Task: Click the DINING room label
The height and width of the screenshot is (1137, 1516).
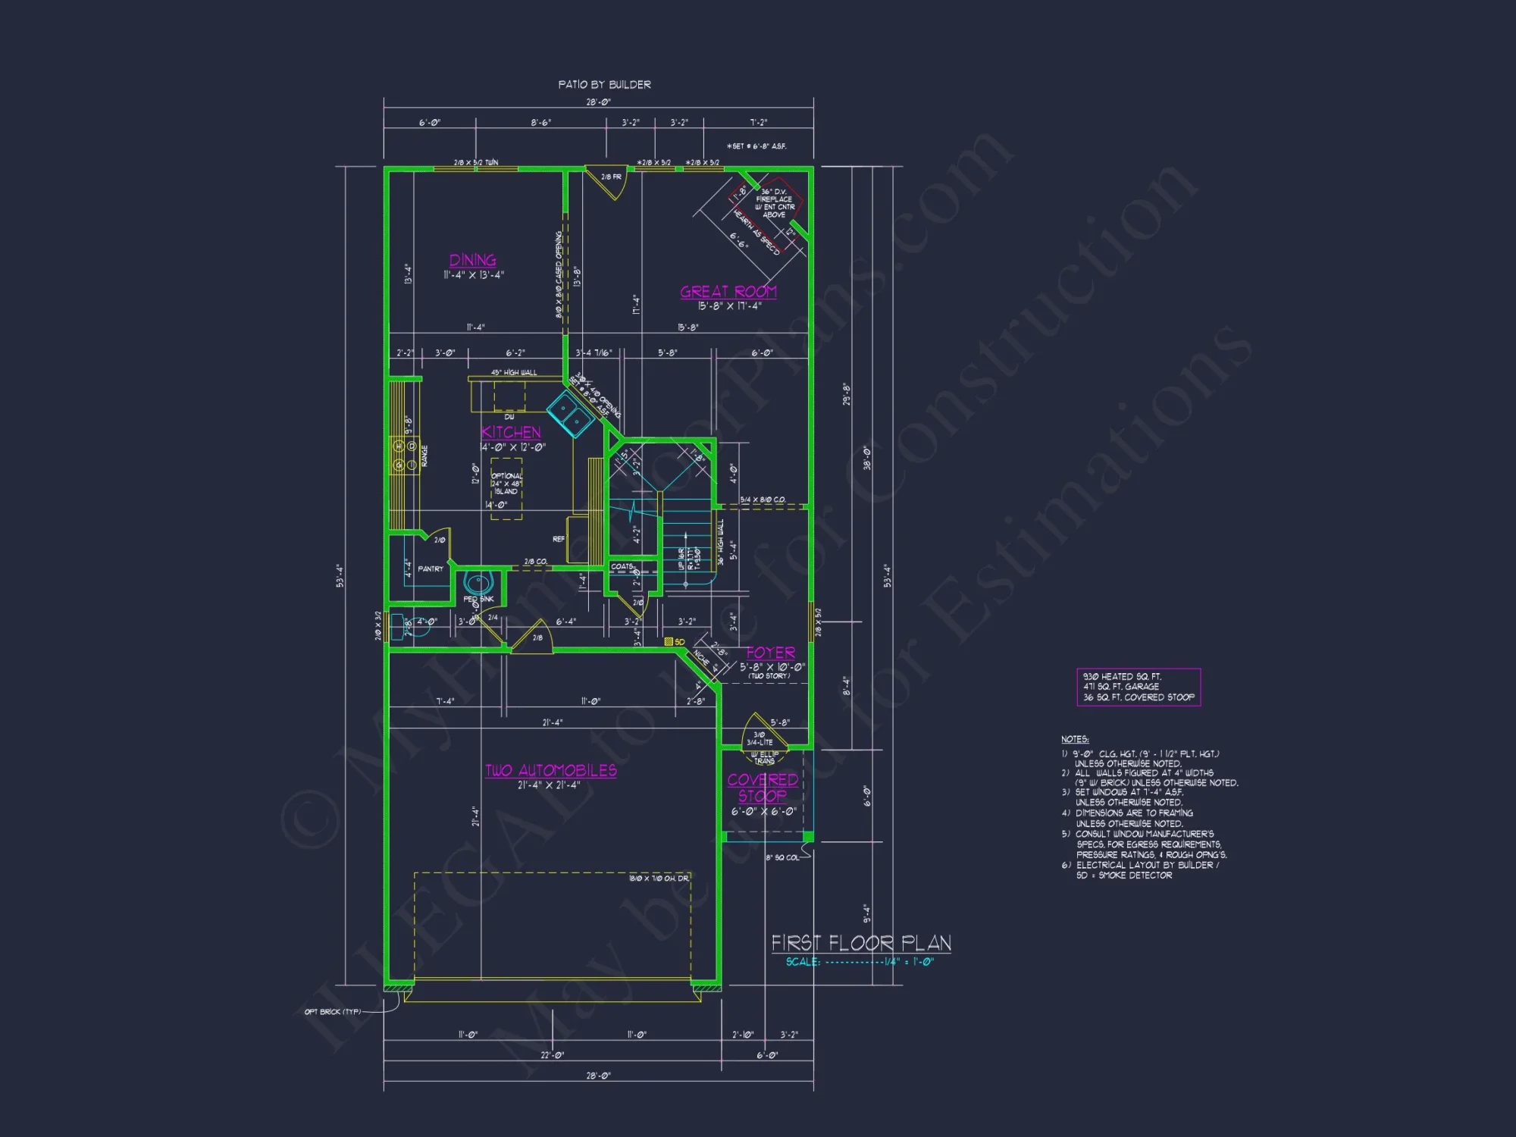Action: click(x=472, y=260)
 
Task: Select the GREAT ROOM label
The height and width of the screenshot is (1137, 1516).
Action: click(x=728, y=292)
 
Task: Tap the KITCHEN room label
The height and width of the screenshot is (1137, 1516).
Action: click(x=511, y=432)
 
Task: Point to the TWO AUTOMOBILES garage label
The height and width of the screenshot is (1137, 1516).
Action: click(x=550, y=770)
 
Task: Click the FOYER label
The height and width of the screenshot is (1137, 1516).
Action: click(x=770, y=653)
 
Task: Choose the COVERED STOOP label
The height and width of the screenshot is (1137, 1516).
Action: click(x=763, y=787)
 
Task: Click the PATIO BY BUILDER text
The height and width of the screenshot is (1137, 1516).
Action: click(x=604, y=84)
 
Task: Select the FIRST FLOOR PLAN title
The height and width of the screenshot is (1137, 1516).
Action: click(x=861, y=943)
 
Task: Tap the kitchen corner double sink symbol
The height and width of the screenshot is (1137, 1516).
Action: click(x=570, y=415)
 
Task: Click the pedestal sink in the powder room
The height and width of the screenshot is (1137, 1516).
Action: click(x=478, y=583)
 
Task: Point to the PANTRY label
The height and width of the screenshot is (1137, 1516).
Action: click(x=431, y=568)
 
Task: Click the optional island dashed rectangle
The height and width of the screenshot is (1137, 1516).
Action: click(x=506, y=489)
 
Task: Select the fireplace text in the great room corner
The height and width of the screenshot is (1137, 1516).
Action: click(x=774, y=203)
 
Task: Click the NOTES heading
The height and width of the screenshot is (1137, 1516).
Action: click(x=1075, y=739)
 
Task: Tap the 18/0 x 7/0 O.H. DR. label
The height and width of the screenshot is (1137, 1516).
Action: click(x=658, y=879)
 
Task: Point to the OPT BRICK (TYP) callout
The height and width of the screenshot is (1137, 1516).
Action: click(x=333, y=1012)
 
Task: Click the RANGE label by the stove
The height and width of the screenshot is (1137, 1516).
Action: click(x=424, y=456)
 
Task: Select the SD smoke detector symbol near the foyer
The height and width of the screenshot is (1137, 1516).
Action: click(x=669, y=642)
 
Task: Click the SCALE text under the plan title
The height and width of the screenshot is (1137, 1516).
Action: click(x=803, y=962)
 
